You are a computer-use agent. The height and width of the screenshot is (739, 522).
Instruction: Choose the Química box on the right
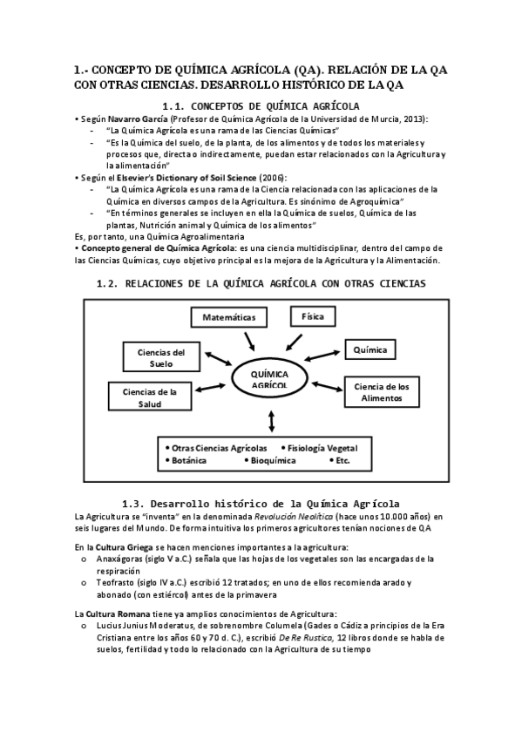[x=369, y=349]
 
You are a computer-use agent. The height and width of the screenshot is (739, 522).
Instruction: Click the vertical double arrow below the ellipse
[x=274, y=421]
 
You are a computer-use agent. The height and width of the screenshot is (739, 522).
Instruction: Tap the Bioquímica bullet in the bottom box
[x=273, y=459]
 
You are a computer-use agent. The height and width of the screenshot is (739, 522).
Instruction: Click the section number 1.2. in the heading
[x=106, y=284]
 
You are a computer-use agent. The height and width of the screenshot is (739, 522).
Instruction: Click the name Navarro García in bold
[x=138, y=118]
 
